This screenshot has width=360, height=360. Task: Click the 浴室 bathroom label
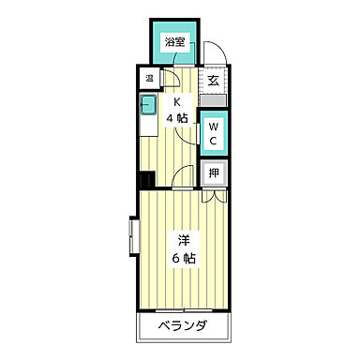coord(173,42)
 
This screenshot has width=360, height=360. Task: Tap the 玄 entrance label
coord(214,80)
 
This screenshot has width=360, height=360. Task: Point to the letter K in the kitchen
coord(175,102)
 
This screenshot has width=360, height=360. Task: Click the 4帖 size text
coord(175,118)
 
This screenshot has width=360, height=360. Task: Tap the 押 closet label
coord(214,172)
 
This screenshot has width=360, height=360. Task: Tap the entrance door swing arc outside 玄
coord(214,52)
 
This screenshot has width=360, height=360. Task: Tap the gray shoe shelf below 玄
coord(214,98)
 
